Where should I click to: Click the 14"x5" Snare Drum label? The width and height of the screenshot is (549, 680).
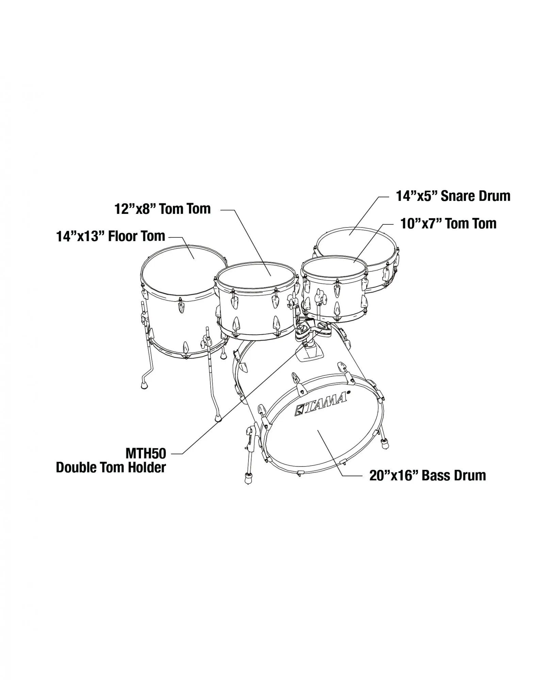click(x=453, y=196)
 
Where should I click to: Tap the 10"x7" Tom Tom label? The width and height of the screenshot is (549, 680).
click(x=448, y=224)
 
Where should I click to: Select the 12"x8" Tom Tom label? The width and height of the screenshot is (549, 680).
click(x=163, y=209)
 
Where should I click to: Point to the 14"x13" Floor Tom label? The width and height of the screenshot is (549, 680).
click(x=111, y=236)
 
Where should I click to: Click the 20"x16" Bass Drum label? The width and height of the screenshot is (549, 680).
click(x=427, y=476)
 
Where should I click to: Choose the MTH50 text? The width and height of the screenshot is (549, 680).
click(x=146, y=454)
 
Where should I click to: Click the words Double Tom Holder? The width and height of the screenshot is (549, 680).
click(x=111, y=468)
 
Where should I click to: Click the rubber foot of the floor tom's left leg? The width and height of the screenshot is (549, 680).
click(x=144, y=386)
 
